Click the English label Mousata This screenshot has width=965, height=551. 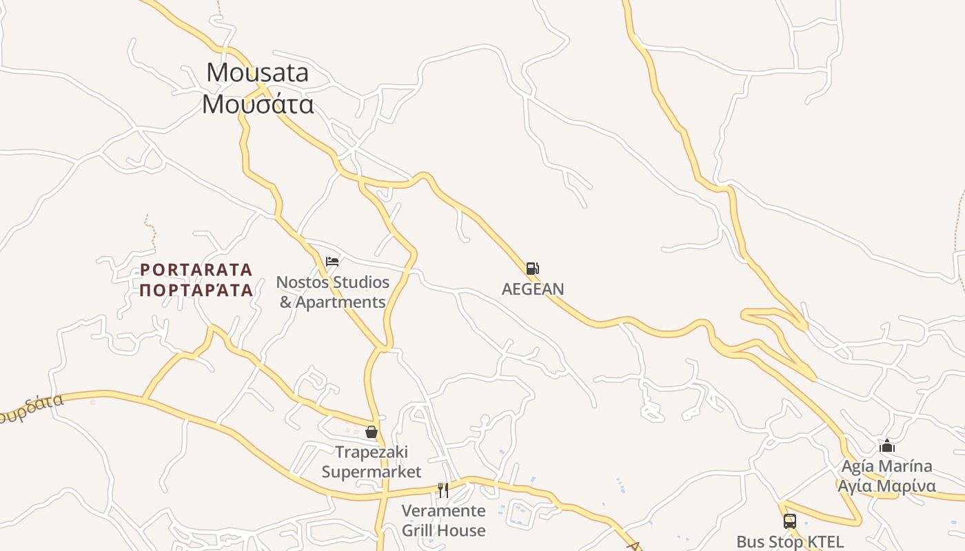(x=258, y=72)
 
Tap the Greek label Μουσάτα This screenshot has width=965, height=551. (x=258, y=104)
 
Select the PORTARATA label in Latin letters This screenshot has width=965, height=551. (x=196, y=269)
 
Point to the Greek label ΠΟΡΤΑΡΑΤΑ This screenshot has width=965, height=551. (x=196, y=290)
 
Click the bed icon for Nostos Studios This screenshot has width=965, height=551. (x=332, y=262)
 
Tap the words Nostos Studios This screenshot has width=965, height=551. (x=332, y=282)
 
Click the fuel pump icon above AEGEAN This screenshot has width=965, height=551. (x=532, y=269)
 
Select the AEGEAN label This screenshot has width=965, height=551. (x=533, y=289)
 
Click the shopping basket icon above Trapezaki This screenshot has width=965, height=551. (x=372, y=432)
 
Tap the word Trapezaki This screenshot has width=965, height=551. (x=372, y=453)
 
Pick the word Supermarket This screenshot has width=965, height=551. (x=372, y=472)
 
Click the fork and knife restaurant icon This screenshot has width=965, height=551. (x=443, y=490)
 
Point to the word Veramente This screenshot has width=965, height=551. (x=443, y=511)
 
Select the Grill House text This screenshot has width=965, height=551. (x=443, y=530)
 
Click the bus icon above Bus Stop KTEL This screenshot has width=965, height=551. (x=790, y=521)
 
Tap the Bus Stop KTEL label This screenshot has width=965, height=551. (x=790, y=542)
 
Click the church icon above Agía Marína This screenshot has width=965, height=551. (x=887, y=446)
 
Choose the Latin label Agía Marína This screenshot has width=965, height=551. (x=887, y=466)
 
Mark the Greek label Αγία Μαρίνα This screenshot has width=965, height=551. (x=887, y=486)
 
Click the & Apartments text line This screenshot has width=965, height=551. (x=332, y=302)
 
